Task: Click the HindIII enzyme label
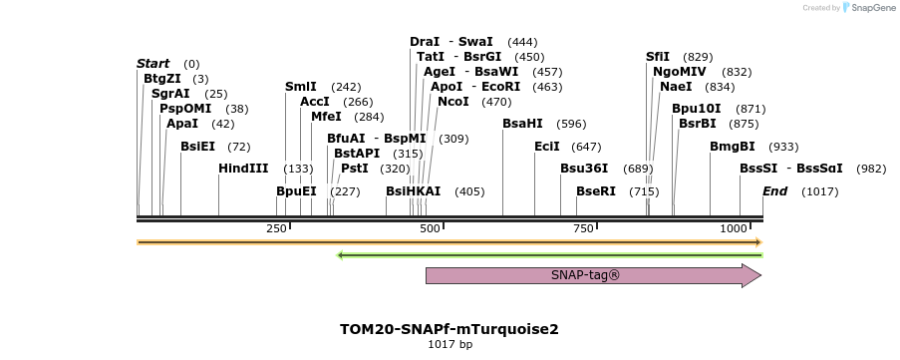click(x=243, y=169)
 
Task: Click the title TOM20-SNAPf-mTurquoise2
click(x=450, y=328)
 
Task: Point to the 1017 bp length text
click(x=450, y=345)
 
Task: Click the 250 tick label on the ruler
click(x=276, y=229)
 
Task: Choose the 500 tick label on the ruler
click(x=430, y=229)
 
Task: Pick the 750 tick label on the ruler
click(x=584, y=229)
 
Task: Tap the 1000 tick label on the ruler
click(x=734, y=229)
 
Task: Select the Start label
click(x=152, y=64)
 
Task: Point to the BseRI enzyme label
click(x=596, y=191)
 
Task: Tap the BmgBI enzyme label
click(x=732, y=147)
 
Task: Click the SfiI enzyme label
click(x=658, y=57)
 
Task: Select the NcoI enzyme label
click(x=452, y=102)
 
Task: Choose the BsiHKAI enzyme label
click(x=413, y=191)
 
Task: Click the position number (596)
click(x=571, y=124)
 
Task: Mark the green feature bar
click(x=550, y=255)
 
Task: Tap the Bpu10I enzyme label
click(x=696, y=109)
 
